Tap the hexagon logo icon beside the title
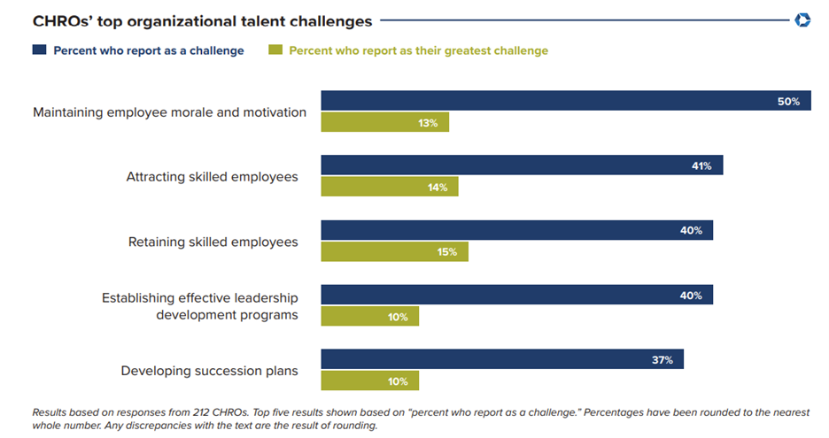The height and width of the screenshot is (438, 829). [x=803, y=19]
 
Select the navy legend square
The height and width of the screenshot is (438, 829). [x=39, y=50]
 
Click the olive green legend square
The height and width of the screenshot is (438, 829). [x=275, y=50]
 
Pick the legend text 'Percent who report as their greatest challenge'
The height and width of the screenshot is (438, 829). [x=418, y=50]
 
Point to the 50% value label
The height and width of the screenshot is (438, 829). [x=788, y=102]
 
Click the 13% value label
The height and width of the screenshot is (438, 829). [x=428, y=123]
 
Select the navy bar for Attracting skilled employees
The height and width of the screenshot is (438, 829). [x=522, y=165]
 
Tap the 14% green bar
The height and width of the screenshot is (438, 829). [x=389, y=187]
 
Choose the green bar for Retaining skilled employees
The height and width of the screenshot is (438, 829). [x=394, y=251]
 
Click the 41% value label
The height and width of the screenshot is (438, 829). [x=701, y=166]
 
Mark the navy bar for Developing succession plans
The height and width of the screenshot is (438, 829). [x=502, y=359]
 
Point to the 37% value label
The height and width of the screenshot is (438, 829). [x=662, y=360]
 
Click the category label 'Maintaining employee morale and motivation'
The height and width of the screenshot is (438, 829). [x=169, y=112]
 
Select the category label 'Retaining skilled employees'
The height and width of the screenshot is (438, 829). [x=213, y=242]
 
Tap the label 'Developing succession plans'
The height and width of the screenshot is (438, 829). [x=209, y=371]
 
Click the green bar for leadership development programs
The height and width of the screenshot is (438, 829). [x=369, y=316]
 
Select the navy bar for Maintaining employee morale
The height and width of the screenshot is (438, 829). [x=566, y=101]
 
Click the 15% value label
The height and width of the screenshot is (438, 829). [x=446, y=252]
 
